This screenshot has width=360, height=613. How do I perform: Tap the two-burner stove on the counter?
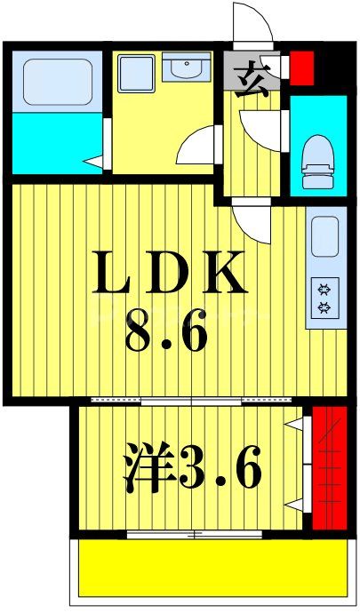click(x=324, y=298)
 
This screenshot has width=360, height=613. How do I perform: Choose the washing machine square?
click(x=138, y=70)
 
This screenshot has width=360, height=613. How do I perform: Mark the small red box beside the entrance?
click(x=302, y=68)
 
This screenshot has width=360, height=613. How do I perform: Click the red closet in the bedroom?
click(x=328, y=467)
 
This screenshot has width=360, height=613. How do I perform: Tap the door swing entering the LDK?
click(x=253, y=222)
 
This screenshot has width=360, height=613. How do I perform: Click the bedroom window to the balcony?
click(x=194, y=534)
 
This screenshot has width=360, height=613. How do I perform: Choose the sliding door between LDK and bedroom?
click(x=191, y=402)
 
